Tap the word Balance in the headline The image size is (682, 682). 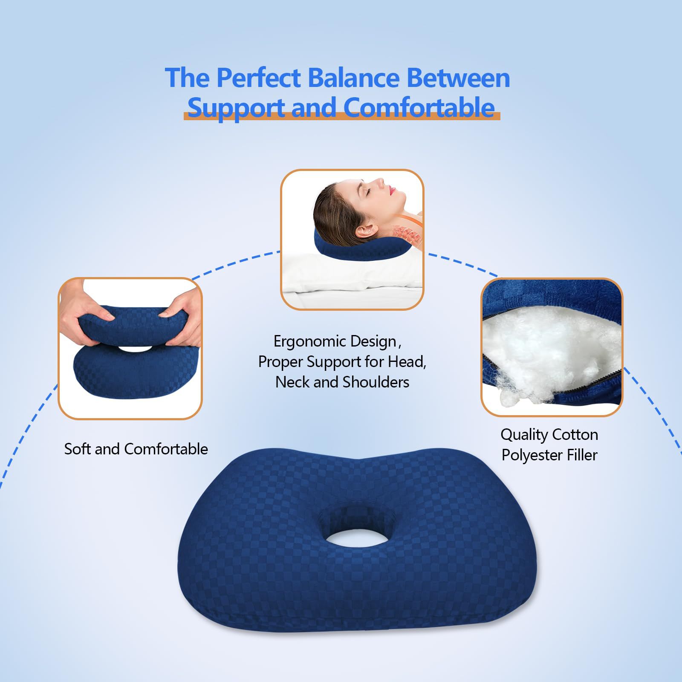[x=353, y=78]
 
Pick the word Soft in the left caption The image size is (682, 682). [x=78, y=449]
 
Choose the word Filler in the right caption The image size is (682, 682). [x=582, y=455]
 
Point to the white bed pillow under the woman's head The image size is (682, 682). [x=352, y=273]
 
